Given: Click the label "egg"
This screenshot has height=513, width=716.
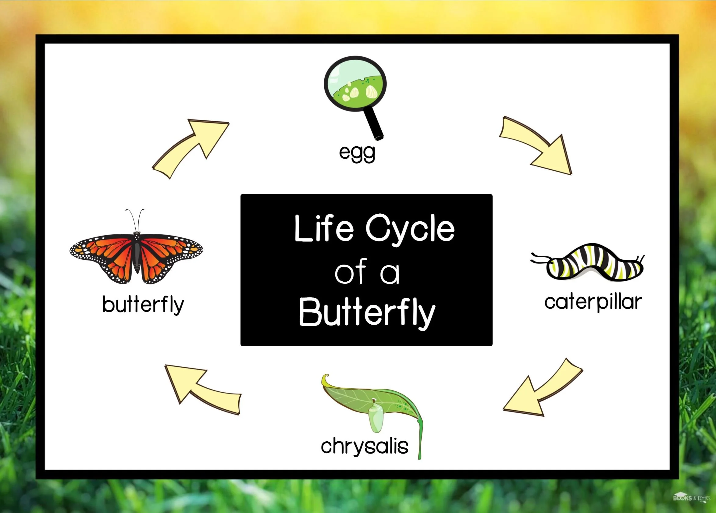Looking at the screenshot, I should (x=357, y=153).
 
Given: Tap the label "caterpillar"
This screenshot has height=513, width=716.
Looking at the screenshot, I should (x=593, y=302).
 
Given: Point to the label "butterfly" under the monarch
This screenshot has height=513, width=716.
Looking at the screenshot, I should (x=143, y=305).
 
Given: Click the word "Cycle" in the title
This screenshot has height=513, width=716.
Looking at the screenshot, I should (x=410, y=228).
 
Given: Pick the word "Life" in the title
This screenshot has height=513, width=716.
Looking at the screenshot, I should (x=323, y=228).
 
